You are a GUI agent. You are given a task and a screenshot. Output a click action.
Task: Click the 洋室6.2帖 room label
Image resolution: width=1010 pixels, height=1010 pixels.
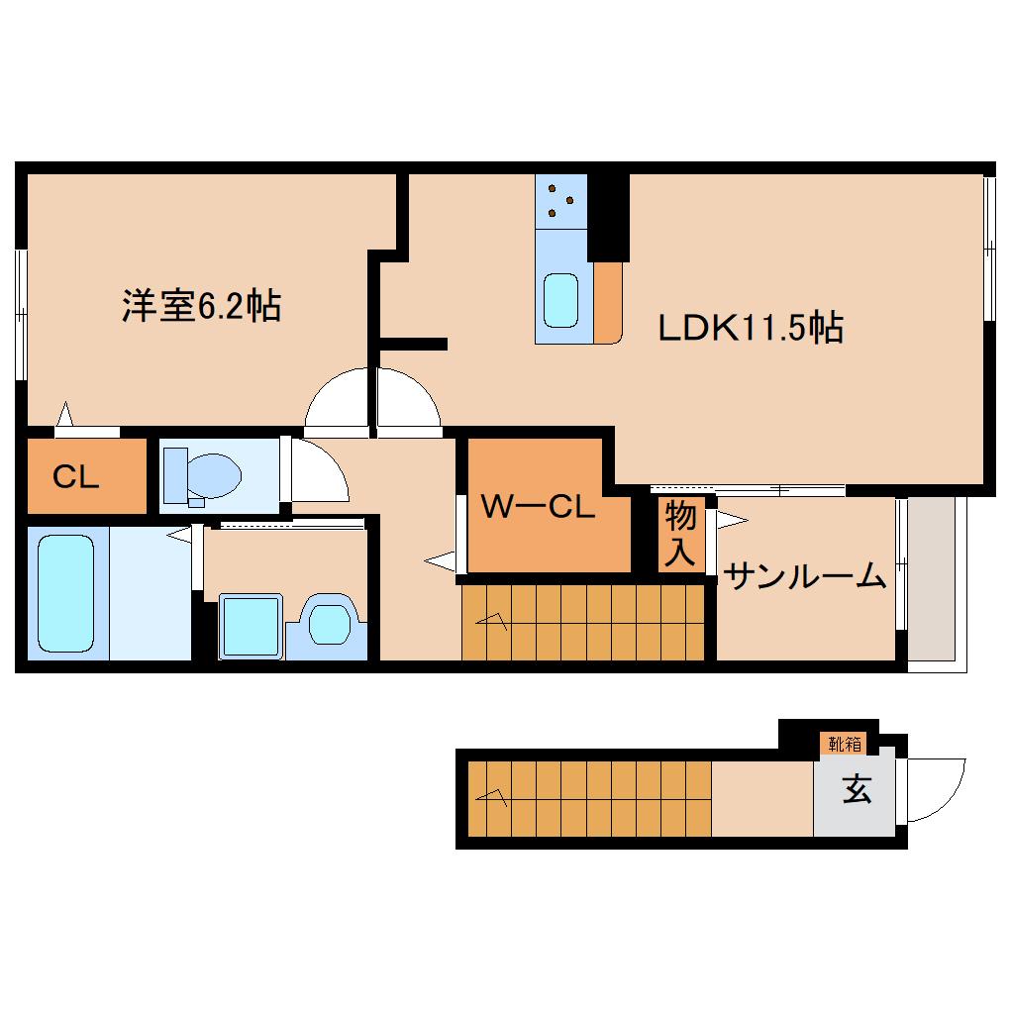coord(201,306)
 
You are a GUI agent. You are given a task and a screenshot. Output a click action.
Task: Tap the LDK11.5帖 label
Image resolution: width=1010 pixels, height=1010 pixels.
coord(751,326)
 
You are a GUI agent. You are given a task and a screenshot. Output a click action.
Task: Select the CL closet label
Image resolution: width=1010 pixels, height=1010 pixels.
coord(76,478)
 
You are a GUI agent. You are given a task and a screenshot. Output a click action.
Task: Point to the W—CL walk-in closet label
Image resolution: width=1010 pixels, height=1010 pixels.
coord(538,509)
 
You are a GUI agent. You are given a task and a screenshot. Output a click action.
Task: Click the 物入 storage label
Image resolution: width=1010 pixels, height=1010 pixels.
coord(679,535)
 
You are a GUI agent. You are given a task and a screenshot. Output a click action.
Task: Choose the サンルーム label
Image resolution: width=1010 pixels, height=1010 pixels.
coord(804,575)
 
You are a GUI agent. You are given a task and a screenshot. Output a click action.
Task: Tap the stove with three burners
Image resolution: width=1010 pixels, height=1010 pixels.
coord(561,200)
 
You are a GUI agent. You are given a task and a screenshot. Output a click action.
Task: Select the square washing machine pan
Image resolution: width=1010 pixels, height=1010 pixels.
coord(252,625)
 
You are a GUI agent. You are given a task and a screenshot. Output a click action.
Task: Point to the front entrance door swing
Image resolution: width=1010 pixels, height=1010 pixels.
coord(935,789)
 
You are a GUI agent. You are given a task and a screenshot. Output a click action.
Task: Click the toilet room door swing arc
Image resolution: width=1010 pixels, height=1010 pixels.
coord(317,472)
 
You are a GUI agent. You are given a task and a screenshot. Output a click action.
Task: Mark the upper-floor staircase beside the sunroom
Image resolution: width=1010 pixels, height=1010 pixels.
coord(585,621)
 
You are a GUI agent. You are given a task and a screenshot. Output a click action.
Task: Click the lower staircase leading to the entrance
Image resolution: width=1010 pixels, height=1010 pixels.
coord(589,798)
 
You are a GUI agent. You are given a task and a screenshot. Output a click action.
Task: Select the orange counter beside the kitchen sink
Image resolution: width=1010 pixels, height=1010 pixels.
coord(607,302)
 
